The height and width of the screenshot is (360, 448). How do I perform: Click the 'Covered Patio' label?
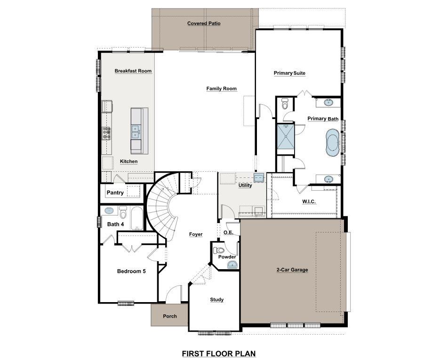click(x=204, y=24)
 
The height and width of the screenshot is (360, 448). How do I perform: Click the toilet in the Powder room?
click(x=219, y=250)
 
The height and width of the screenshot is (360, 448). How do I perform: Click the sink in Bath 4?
click(x=109, y=211)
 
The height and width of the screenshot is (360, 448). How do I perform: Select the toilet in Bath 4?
click(x=123, y=213)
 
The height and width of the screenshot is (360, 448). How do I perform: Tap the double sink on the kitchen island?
click(x=136, y=131)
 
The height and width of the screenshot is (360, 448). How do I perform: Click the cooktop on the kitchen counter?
click(x=106, y=134)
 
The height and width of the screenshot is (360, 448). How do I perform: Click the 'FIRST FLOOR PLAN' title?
click(x=219, y=353)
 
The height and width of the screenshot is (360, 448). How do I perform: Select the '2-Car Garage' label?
click(x=292, y=270)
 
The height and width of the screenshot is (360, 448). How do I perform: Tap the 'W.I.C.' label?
click(x=309, y=201)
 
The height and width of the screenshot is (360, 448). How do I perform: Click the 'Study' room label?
click(x=216, y=300)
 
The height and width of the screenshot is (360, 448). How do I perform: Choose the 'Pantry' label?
click(x=115, y=192)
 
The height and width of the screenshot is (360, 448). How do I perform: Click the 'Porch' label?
click(x=170, y=316)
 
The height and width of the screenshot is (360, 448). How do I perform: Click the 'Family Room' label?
click(x=221, y=88)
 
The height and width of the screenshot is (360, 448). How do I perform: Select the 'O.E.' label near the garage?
click(x=228, y=232)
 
